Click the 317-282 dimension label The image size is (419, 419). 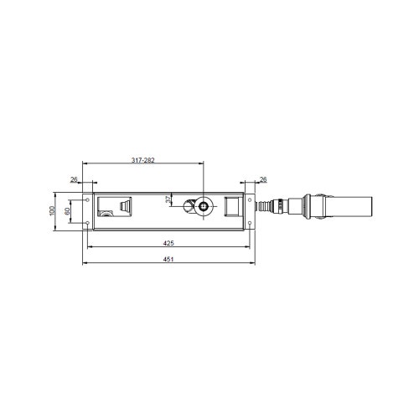143,160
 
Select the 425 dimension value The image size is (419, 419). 168,243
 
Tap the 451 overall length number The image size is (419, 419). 168,259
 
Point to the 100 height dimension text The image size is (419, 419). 52,210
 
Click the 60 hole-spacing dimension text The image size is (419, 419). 67,211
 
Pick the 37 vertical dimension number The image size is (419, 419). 168,199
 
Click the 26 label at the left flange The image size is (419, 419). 74,179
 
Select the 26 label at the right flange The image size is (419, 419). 263,179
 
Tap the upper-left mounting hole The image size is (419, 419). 88,200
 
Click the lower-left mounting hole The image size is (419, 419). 88,223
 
